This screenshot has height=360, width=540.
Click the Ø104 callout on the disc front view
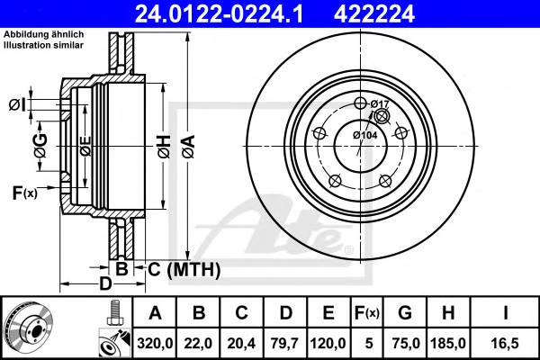point(364,135)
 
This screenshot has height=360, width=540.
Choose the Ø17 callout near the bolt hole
point(379,105)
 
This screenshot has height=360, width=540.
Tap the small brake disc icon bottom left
point(31,328)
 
